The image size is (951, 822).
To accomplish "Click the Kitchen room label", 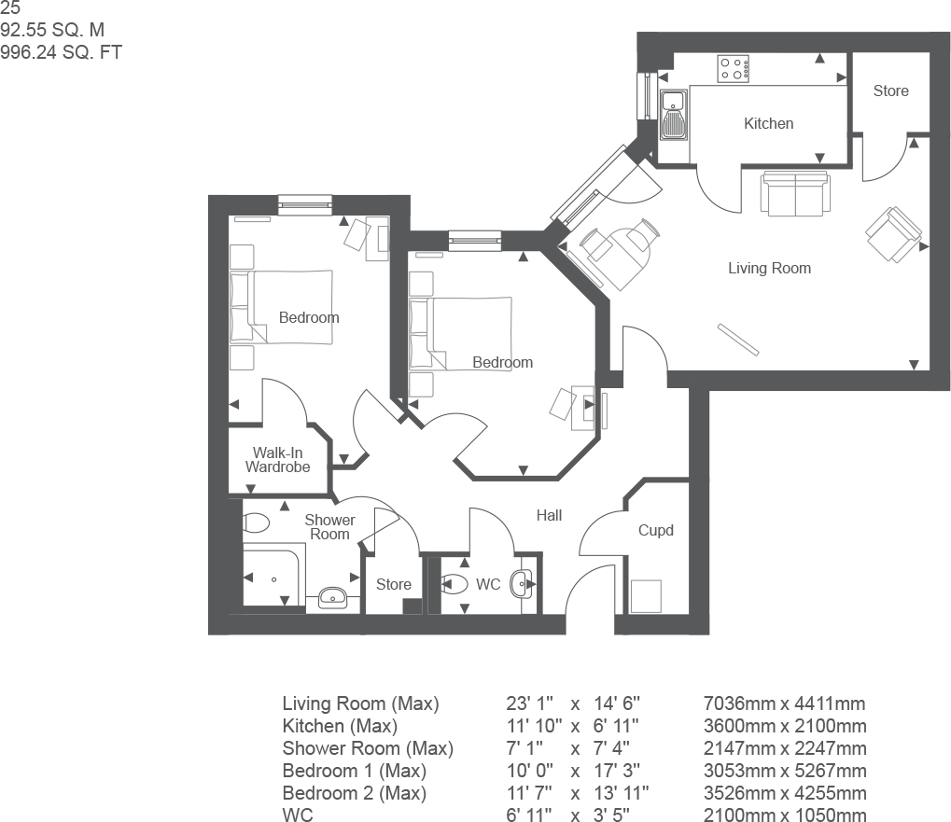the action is click(768, 123).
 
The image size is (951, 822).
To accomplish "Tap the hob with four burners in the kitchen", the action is click(734, 68).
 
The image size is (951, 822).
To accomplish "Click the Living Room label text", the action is click(769, 269).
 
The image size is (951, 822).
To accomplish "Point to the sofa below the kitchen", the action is click(794, 193).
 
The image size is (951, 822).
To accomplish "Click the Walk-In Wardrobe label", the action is click(277, 460).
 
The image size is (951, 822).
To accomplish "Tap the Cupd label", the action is click(655, 531).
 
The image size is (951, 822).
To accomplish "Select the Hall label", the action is click(549, 515).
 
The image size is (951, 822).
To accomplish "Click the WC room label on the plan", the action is click(488, 585).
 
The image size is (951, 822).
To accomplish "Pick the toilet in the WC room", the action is click(454, 585).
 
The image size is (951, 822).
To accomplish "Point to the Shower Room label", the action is click(329, 527).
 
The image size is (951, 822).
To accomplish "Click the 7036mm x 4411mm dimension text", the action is click(785, 704).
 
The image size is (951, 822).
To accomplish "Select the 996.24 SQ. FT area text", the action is click(62, 53).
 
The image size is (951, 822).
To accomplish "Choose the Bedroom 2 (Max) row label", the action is click(354, 793).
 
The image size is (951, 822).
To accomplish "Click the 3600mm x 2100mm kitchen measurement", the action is click(785, 726).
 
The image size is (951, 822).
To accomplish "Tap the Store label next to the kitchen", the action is click(890, 91).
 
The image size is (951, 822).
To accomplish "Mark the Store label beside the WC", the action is click(393, 585).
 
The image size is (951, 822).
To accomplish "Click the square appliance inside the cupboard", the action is click(645, 594).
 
